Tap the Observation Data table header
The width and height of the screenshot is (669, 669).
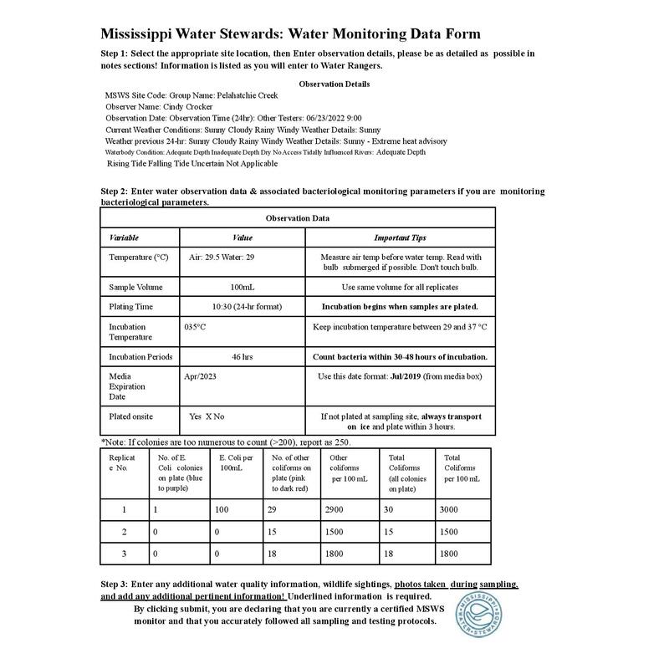(297, 219)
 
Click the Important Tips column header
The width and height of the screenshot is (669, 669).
(400, 238)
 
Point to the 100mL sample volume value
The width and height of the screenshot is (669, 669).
(242, 287)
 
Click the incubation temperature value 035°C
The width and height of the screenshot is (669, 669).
(195, 327)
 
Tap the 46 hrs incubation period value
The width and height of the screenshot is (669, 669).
(242, 357)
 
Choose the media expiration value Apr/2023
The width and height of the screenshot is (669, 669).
(200, 377)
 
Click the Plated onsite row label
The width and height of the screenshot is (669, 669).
(130, 416)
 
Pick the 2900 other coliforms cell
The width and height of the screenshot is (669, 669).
(339, 509)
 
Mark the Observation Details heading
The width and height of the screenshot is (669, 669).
(334, 84)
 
